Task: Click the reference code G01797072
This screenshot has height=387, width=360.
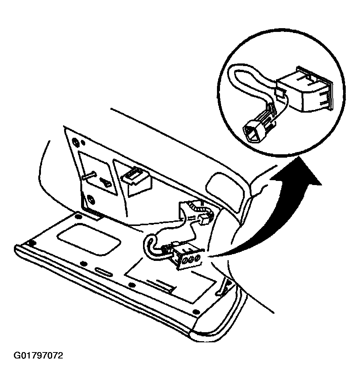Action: coord(38,355)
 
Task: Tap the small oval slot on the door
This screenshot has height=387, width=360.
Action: coord(104,271)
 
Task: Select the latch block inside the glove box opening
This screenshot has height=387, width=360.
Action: coord(137,180)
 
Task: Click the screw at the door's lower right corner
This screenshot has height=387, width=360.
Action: coord(196,312)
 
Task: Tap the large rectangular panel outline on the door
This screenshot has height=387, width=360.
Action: coord(170,284)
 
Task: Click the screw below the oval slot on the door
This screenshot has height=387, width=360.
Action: coord(133,285)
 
